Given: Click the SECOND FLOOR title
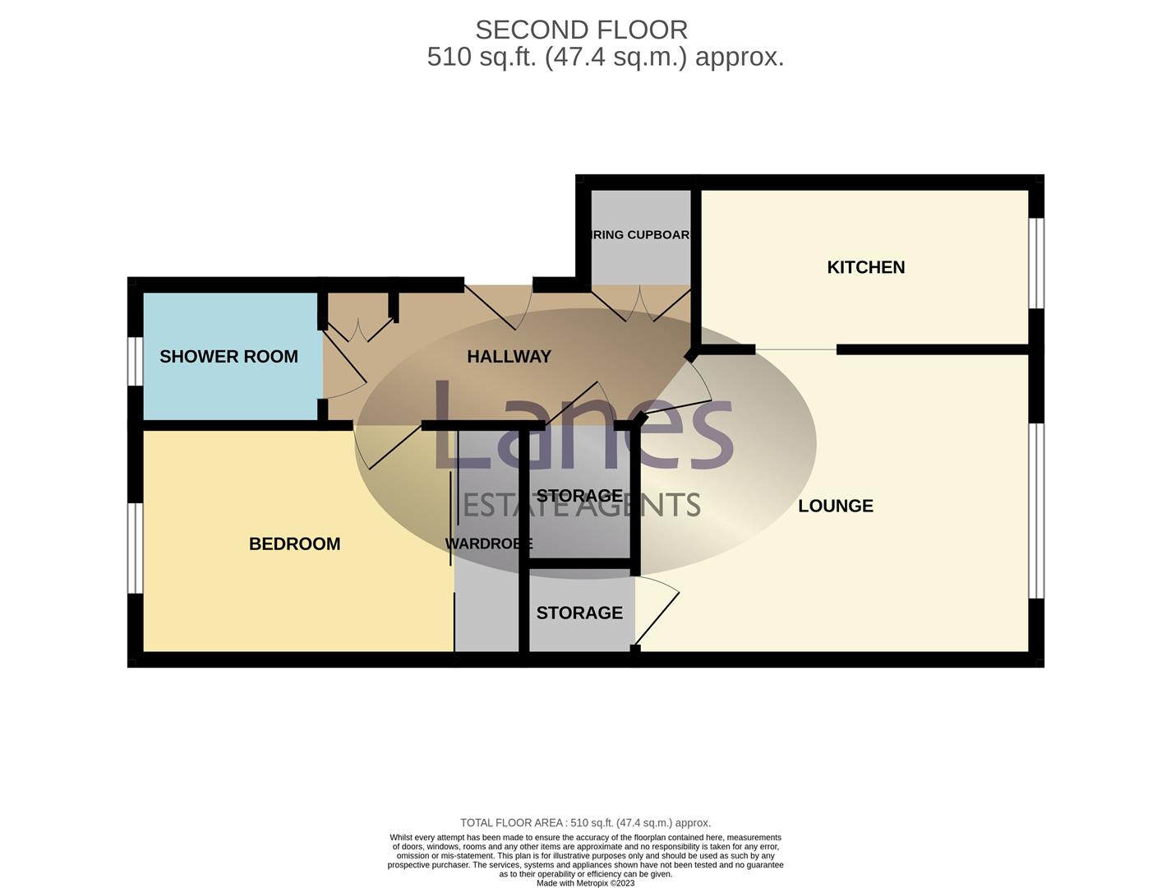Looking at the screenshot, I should (x=581, y=30).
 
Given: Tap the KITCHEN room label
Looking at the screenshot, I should (x=865, y=267).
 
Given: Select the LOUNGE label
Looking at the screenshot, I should (x=835, y=506).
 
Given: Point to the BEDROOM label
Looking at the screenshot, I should (x=294, y=543).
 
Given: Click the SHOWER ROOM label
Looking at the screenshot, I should (x=228, y=356).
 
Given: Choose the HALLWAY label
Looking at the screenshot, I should (x=509, y=356).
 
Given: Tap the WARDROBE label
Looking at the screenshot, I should (x=488, y=543).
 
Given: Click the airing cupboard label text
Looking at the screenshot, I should (x=640, y=235).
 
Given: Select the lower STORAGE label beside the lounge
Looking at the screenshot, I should (x=579, y=613).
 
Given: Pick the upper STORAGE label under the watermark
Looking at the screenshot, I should (x=579, y=496).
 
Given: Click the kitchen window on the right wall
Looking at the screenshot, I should (x=1037, y=263).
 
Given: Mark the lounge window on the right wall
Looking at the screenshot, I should (x=1037, y=510).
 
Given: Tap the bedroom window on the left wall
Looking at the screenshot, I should (x=135, y=548).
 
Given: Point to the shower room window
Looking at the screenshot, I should (x=135, y=362).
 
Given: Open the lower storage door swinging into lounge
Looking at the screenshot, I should (x=657, y=613).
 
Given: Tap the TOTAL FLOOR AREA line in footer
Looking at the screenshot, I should (x=585, y=822).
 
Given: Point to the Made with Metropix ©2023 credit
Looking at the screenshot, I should (x=585, y=883).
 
